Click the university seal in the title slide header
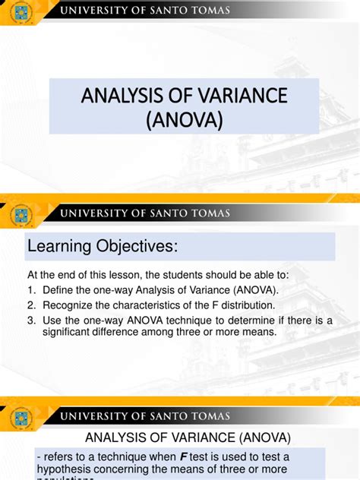coord(21,12)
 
